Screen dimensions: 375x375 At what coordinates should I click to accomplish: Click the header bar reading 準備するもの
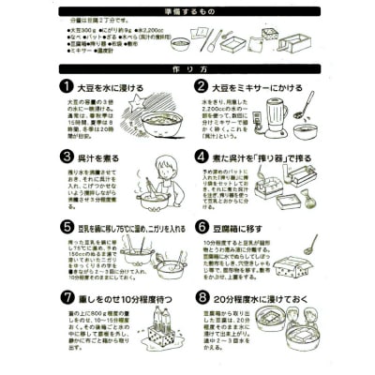(187, 7)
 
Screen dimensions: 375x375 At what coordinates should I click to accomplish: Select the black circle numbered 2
(202, 86)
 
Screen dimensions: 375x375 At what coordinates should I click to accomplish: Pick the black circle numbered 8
(202, 298)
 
